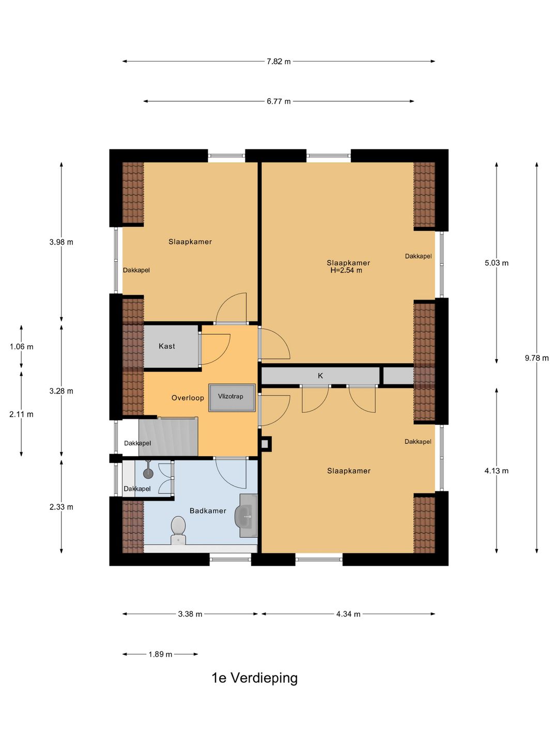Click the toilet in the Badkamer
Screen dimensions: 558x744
pos(178,531)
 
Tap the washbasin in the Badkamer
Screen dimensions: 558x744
pos(246,516)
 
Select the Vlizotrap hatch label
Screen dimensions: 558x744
pos(230,396)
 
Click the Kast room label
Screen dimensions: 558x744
pos(167,346)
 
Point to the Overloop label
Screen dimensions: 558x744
pos(188,398)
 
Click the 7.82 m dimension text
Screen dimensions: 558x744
pos(278,61)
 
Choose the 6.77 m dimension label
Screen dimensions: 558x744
pos(278,101)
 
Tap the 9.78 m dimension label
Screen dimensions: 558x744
pos(537,358)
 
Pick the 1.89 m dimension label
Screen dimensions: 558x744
pos(160,654)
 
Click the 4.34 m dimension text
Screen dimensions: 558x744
pos(348,614)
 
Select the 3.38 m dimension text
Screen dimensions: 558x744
pos(190,614)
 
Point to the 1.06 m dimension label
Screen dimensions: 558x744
pos(21,346)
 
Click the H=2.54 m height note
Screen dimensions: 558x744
pos(346,270)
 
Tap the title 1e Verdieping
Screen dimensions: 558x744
pos(255,678)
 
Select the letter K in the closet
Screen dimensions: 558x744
pos(320,376)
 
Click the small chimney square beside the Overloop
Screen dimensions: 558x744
pos(266,444)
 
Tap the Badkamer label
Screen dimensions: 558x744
pos(208,510)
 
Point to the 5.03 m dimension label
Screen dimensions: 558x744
pos(497,263)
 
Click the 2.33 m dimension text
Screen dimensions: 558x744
pos(61,507)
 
